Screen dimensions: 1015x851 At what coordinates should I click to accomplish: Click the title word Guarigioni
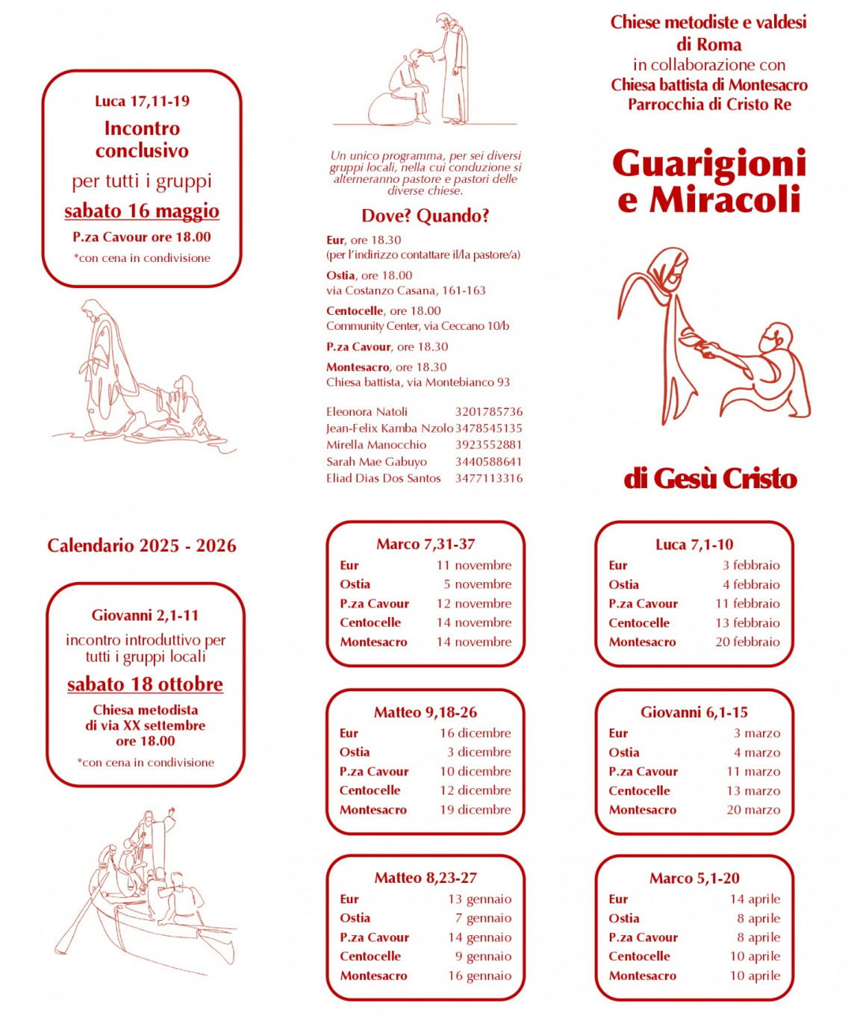(x=708, y=164)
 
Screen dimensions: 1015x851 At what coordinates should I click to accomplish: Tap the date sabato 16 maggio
(x=142, y=211)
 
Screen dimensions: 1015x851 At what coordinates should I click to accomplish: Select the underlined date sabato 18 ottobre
(x=145, y=684)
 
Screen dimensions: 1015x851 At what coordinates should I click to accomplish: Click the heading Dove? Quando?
(x=425, y=216)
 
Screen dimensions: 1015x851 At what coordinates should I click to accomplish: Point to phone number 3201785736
(x=489, y=412)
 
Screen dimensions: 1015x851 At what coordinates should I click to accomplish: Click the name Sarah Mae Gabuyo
(x=376, y=462)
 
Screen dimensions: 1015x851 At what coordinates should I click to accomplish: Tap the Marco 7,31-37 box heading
(x=425, y=544)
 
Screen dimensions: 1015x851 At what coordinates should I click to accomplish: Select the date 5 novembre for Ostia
(x=477, y=584)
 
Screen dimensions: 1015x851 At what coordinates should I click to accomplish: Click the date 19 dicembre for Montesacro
(x=475, y=810)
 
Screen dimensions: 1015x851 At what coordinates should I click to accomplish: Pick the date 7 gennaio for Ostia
(x=483, y=918)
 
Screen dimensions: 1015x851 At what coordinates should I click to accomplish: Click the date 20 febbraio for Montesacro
(x=747, y=642)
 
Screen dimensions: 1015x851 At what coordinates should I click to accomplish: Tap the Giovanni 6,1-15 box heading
(x=693, y=712)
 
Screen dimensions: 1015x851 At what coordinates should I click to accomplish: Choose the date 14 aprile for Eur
(x=755, y=899)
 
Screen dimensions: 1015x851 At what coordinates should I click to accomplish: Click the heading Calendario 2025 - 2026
(x=142, y=546)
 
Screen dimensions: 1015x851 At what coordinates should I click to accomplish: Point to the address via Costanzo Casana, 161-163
(x=405, y=291)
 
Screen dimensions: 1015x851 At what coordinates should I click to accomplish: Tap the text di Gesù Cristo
(x=710, y=478)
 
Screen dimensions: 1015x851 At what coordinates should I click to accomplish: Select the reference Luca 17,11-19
(x=142, y=101)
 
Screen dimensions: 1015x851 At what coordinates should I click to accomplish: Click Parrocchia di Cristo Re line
(x=708, y=104)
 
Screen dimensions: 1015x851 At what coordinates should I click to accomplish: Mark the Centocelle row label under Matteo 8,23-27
(x=370, y=956)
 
